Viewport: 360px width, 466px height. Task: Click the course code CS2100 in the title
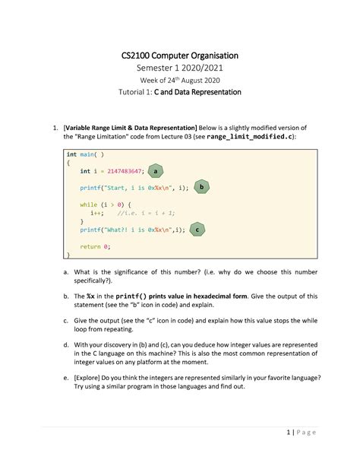coord(139,55)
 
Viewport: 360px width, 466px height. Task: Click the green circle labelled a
coord(156,171)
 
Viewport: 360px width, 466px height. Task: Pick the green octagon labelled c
coord(196,229)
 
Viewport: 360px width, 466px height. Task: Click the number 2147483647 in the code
coord(119,172)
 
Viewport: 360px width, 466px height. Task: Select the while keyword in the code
coord(88,204)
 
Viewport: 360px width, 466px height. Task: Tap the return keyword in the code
coord(90,247)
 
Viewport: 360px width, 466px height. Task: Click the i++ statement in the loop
coord(97,214)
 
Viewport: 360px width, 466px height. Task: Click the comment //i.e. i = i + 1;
coord(146,214)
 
